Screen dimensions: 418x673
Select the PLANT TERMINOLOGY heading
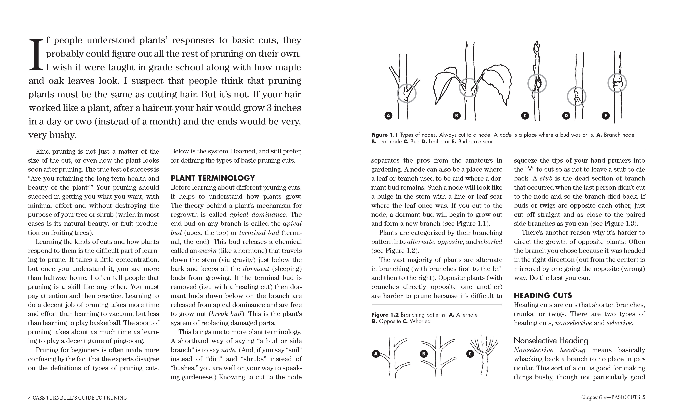(213, 178)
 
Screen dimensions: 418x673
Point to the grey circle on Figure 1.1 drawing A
(407, 93)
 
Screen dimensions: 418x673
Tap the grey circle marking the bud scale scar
(617, 83)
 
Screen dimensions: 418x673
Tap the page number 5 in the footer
(644, 397)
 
